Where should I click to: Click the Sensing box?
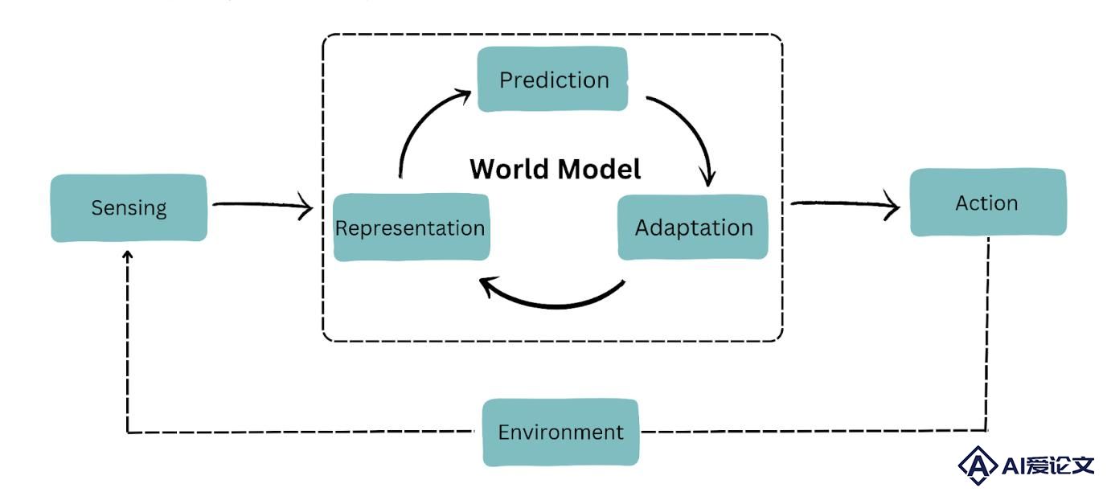click(x=129, y=208)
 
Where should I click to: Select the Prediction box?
click(x=552, y=79)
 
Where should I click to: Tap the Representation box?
click(x=412, y=228)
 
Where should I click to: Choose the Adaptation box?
click(x=693, y=228)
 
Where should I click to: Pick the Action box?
click(x=988, y=203)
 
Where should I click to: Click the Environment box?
click(x=561, y=433)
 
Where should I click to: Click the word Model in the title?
click(x=600, y=169)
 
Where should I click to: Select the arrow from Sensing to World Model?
click(x=263, y=204)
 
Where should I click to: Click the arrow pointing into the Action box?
click(x=845, y=203)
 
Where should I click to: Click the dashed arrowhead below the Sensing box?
click(x=128, y=255)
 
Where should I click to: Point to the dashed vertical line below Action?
click(x=987, y=334)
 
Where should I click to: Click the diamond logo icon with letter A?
click(x=978, y=465)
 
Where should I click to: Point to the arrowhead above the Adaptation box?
click(x=707, y=178)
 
